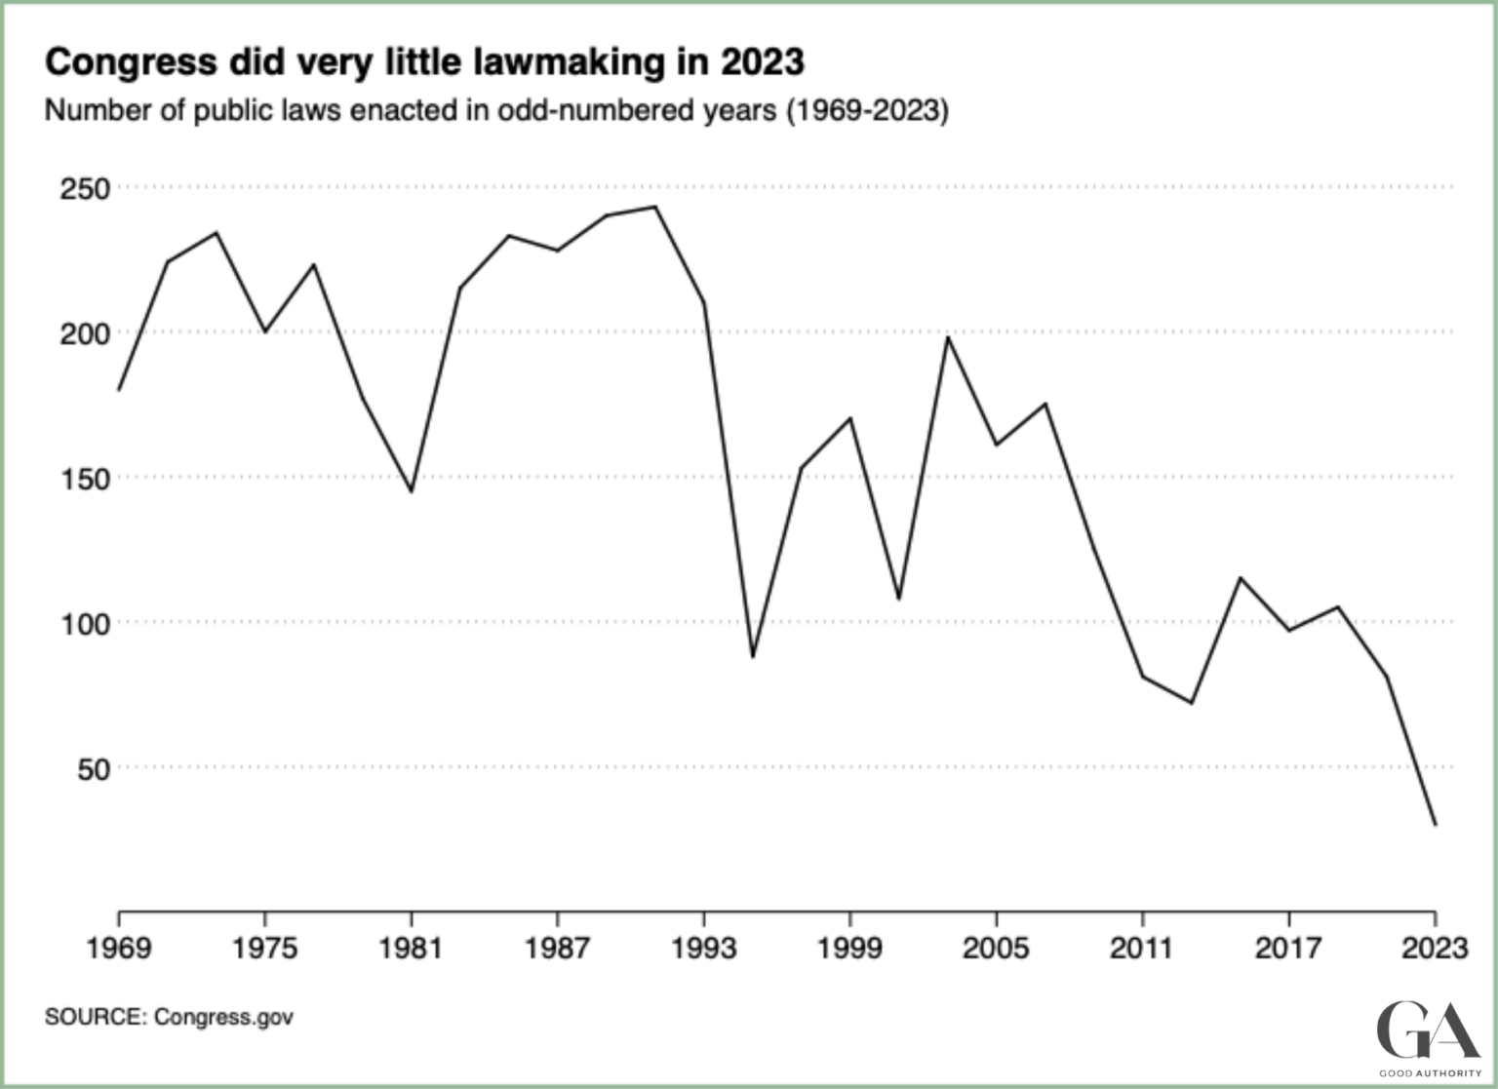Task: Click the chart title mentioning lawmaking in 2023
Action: point(424,61)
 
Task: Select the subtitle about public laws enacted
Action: point(496,110)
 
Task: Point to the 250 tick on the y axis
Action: point(85,188)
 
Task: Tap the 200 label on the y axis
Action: point(85,333)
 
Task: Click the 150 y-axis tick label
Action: point(85,479)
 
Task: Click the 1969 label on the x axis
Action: point(119,948)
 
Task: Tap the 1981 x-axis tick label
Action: point(411,948)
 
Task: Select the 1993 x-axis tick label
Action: point(703,948)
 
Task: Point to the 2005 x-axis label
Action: point(996,948)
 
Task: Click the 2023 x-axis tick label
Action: point(1434,948)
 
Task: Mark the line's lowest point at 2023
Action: point(1435,825)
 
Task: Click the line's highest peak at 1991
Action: point(655,207)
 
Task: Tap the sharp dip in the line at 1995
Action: point(753,656)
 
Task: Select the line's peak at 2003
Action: point(947,337)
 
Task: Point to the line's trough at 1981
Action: point(412,490)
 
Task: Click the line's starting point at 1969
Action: point(119,390)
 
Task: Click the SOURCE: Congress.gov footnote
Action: point(169,1017)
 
